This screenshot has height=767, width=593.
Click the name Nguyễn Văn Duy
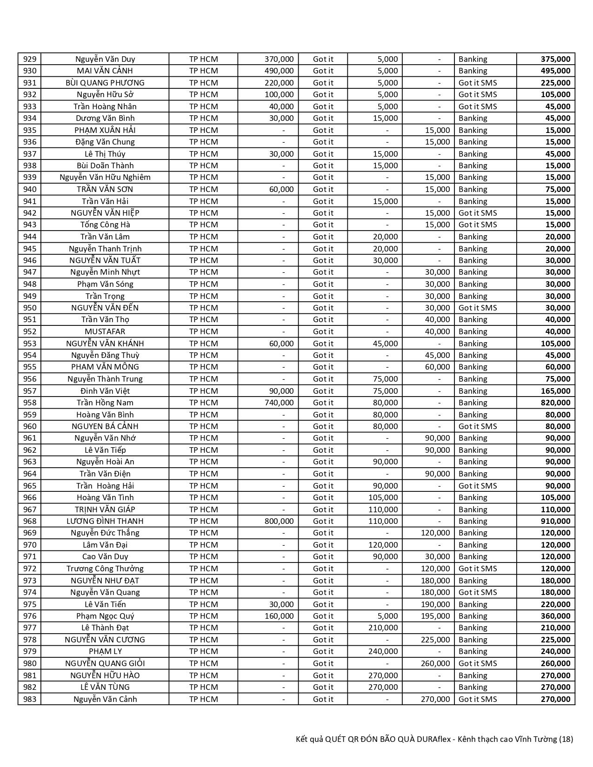click(x=105, y=59)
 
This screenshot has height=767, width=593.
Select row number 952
click(x=29, y=331)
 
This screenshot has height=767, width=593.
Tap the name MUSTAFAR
click(x=105, y=331)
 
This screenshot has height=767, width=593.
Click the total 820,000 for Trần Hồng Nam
click(x=555, y=403)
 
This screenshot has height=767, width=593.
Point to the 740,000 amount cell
click(x=279, y=403)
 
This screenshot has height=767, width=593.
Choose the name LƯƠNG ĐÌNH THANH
click(x=105, y=521)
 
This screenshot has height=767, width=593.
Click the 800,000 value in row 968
click(x=279, y=521)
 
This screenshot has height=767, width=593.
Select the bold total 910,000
click(x=555, y=521)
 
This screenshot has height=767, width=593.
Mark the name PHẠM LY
click(x=105, y=651)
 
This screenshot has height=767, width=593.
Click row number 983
click(x=29, y=699)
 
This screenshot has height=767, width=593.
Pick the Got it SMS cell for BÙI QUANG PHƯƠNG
click(x=478, y=83)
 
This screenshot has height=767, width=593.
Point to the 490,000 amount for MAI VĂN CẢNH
click(x=279, y=71)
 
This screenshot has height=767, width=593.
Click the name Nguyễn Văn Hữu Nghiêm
click(x=105, y=177)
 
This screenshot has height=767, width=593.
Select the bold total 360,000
click(x=555, y=616)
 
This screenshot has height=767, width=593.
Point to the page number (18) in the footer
click(x=566, y=739)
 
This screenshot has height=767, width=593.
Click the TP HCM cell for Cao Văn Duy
click(x=203, y=556)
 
